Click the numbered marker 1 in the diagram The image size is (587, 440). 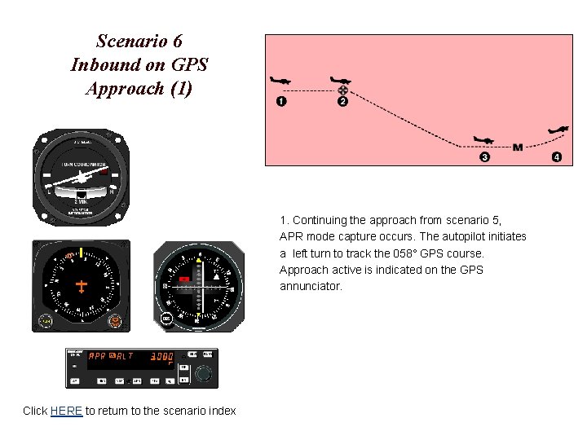pyautogui.click(x=281, y=102)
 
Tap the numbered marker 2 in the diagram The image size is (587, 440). pyautogui.click(x=342, y=102)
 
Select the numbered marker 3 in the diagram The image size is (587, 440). pyautogui.click(x=485, y=157)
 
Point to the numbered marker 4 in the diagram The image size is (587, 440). pyautogui.click(x=557, y=157)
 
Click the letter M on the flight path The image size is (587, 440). pyautogui.click(x=518, y=147)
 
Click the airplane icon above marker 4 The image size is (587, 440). pyautogui.click(x=558, y=130)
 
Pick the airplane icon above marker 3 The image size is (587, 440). pyautogui.click(x=483, y=141)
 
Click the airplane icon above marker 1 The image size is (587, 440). pyautogui.click(x=280, y=81)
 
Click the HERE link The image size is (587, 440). pyautogui.click(x=66, y=411)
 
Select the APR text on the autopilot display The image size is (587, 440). pyautogui.click(x=97, y=356)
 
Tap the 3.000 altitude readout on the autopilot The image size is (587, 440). pyautogui.click(x=161, y=356)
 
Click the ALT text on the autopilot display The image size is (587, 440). pyautogui.click(x=124, y=356)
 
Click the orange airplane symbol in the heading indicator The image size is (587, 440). pyautogui.click(x=81, y=286)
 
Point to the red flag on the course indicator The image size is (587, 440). pyautogui.click(x=185, y=279)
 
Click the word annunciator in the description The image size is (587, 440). pyautogui.click(x=311, y=287)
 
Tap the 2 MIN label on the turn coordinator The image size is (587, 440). pyautogui.click(x=81, y=201)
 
